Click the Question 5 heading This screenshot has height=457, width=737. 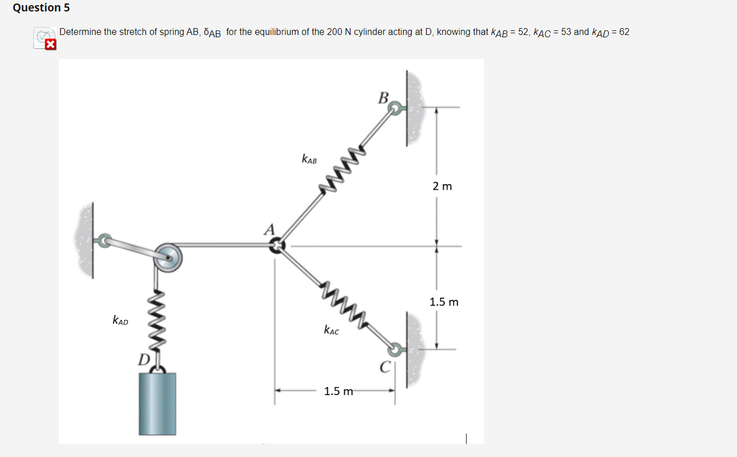coord(37,8)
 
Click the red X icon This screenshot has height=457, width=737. coord(50,45)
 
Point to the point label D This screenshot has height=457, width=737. coord(143,360)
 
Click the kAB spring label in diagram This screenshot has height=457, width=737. coord(309,159)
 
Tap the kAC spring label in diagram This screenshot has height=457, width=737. coord(331,330)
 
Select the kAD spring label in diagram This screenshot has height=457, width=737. coord(120,321)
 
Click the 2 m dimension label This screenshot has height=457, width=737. coord(442,186)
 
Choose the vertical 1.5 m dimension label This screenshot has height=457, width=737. coord(444,302)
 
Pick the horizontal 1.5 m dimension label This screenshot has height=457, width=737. coord(338,392)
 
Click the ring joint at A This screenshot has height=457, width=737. coord(277,246)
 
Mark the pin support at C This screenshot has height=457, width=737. coord(395,349)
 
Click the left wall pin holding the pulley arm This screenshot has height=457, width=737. coord(104,240)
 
